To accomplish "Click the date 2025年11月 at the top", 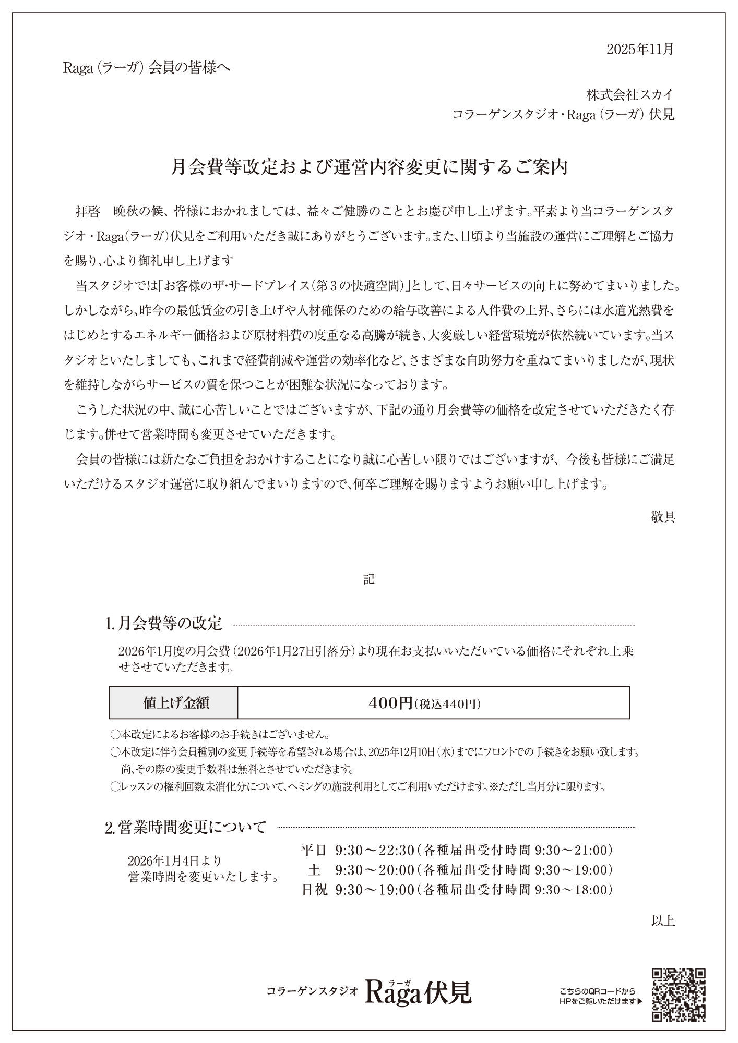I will pos(640,49).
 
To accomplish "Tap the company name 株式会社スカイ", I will pos(630,95).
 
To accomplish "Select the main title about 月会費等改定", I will pos(369,167).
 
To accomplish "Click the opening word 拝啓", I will pos(88,212).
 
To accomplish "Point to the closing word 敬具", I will pos(663,517).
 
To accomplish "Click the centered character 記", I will pos(369,579).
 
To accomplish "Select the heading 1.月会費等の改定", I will pos(164,623).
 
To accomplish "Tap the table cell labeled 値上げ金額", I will pos(174,703).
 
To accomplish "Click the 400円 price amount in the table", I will pos(390,703).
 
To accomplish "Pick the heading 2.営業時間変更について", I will pos(186,827).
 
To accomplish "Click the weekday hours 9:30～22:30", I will pos(374,851).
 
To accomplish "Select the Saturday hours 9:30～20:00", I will pos(374,870).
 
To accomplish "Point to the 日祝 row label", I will pos(314,890).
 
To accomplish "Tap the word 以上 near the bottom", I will pos(663,920).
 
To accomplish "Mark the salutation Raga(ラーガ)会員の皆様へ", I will pos(147,68).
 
